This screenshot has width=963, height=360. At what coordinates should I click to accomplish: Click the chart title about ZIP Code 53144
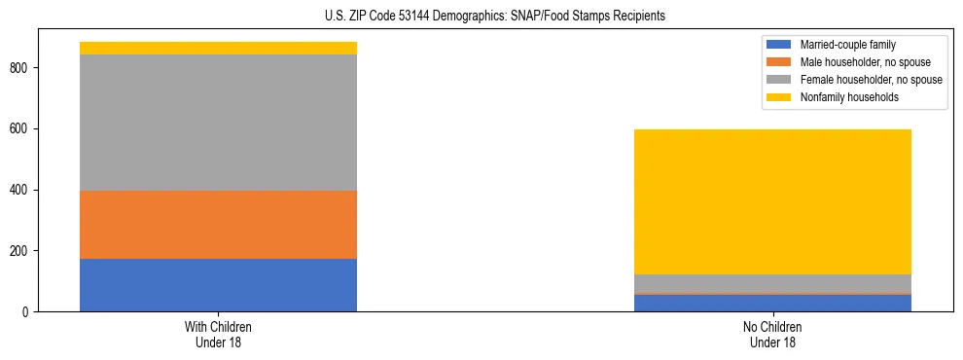[495, 17]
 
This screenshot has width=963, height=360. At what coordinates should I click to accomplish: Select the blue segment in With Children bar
[218, 285]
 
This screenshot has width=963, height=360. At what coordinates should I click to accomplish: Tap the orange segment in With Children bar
[218, 225]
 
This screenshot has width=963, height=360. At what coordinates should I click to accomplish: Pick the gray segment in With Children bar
[218, 123]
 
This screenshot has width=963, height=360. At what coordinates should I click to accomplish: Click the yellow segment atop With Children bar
[218, 48]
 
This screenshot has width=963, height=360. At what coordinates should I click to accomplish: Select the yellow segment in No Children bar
[772, 201]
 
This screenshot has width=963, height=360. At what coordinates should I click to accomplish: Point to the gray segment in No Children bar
[772, 283]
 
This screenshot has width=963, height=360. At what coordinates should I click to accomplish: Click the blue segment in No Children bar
[772, 303]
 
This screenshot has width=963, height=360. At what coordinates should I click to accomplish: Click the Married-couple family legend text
[848, 45]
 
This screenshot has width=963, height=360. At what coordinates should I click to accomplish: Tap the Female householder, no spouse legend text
[871, 80]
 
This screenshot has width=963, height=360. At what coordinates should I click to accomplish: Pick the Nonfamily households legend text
[849, 97]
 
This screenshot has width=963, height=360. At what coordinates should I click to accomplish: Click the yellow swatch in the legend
[779, 97]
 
